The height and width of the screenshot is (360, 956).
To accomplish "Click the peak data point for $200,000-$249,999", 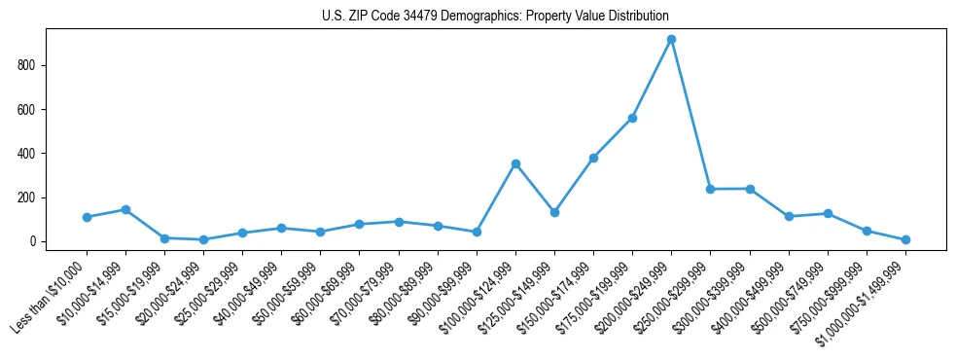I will [x=671, y=39].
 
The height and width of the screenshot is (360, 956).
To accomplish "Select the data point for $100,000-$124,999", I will [x=515, y=163].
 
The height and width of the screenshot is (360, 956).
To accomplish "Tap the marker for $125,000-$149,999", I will [x=554, y=212].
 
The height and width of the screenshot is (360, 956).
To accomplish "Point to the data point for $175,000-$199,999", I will [x=632, y=118].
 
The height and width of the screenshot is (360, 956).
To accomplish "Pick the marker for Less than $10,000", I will [x=87, y=217].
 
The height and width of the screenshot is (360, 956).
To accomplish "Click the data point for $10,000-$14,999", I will [x=125, y=209].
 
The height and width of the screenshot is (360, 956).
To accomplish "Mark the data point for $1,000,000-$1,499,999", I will [x=905, y=239].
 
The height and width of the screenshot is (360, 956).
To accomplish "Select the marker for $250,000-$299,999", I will [x=710, y=189].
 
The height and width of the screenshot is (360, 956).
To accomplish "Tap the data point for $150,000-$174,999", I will [x=593, y=158].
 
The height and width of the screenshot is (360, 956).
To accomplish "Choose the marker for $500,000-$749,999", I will [x=828, y=213].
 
